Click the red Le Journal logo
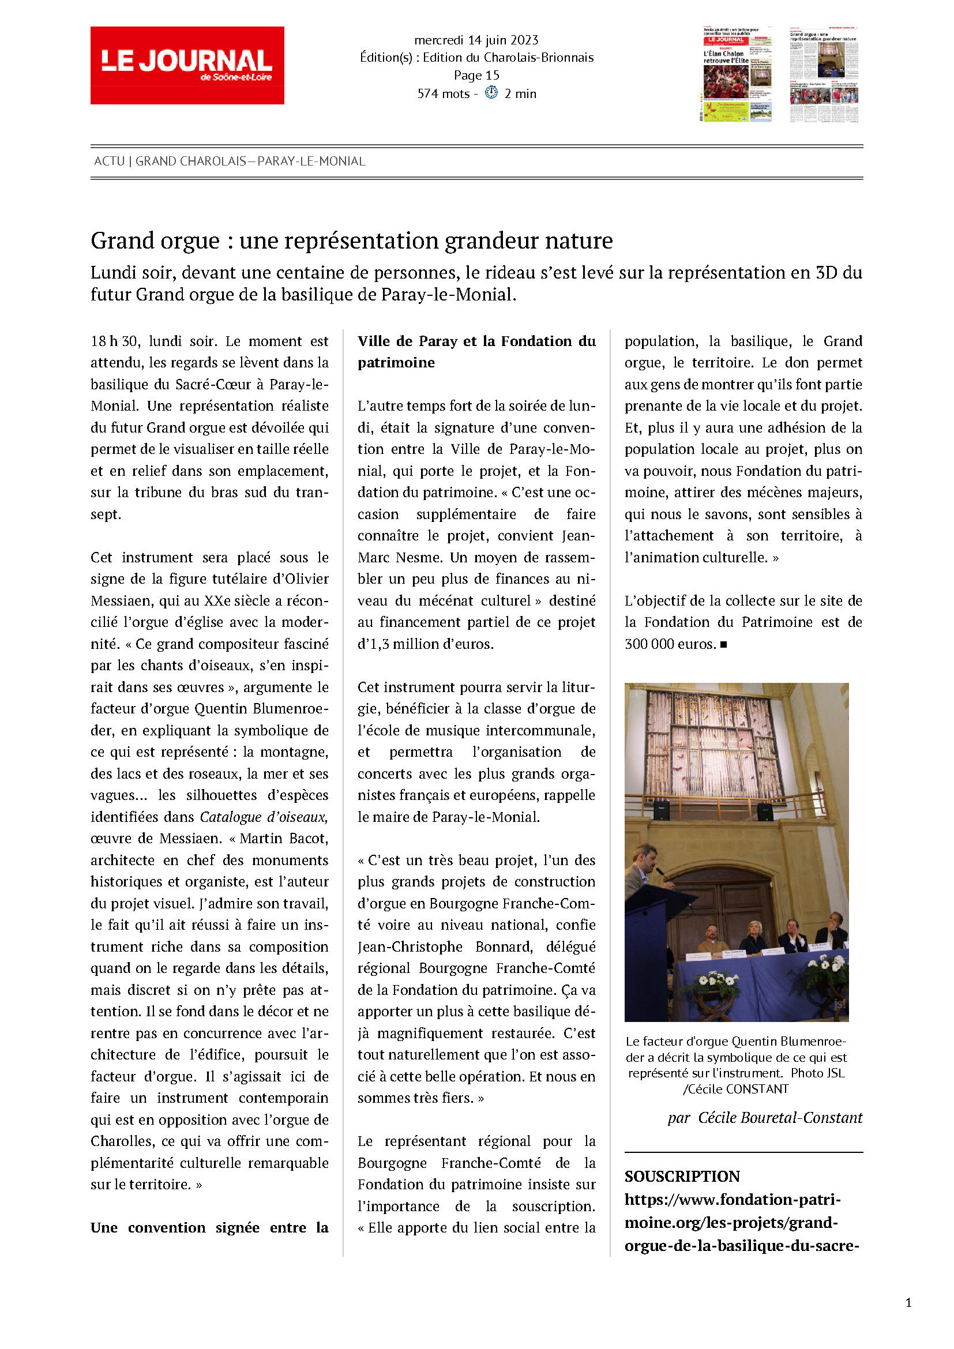[x=187, y=65]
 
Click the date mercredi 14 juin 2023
[x=476, y=40]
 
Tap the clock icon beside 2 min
[x=491, y=93]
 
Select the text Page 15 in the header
[x=476, y=75]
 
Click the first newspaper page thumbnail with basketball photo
[x=737, y=74]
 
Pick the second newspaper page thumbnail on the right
[x=824, y=74]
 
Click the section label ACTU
[x=109, y=161]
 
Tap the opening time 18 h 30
[x=115, y=341]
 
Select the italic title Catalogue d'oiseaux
[x=263, y=817]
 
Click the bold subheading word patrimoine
[x=396, y=363]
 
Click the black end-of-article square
[x=724, y=645]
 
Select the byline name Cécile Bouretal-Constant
[x=780, y=1118]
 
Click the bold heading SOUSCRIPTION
[x=682, y=1176]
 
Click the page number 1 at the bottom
[x=908, y=1303]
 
